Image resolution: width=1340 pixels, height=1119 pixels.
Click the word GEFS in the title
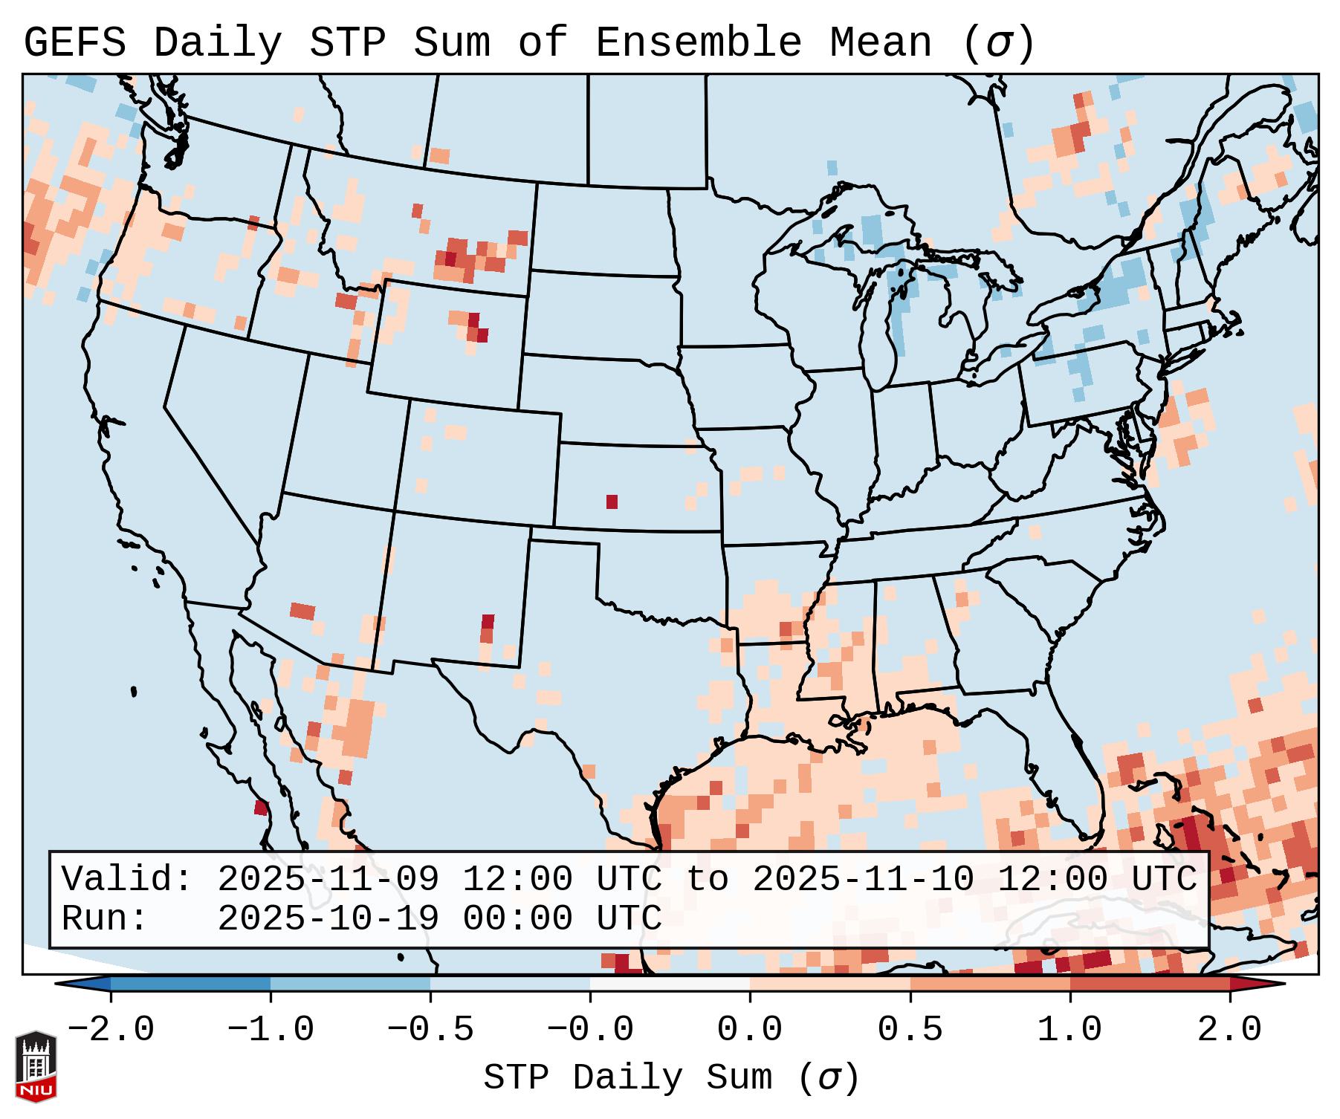pyautogui.click(x=74, y=43)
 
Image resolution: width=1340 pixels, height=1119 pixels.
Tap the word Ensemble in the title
pyautogui.click(x=698, y=43)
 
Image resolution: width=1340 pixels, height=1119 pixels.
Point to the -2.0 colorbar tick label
pyautogui.click(x=111, y=1030)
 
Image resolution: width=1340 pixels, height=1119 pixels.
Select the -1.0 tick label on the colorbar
pyautogui.click(x=271, y=1030)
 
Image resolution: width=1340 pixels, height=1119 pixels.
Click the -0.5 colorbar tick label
pyautogui.click(x=430, y=1030)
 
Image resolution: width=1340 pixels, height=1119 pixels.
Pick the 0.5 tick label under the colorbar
pyautogui.click(x=910, y=1030)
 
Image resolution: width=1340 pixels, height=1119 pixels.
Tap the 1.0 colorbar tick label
pyautogui.click(x=1070, y=1030)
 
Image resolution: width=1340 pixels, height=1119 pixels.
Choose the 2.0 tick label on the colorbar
pyautogui.click(x=1230, y=1030)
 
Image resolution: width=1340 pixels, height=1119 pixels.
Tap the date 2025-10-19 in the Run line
pyautogui.click(x=328, y=918)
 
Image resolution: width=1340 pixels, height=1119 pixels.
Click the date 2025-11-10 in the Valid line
pyautogui.click(x=863, y=880)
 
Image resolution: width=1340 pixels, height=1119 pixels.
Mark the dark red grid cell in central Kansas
pyautogui.click(x=612, y=502)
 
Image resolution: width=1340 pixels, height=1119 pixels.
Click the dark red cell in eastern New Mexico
pyautogui.click(x=488, y=622)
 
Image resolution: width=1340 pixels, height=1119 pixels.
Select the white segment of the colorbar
pyautogui.click(x=670, y=984)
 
